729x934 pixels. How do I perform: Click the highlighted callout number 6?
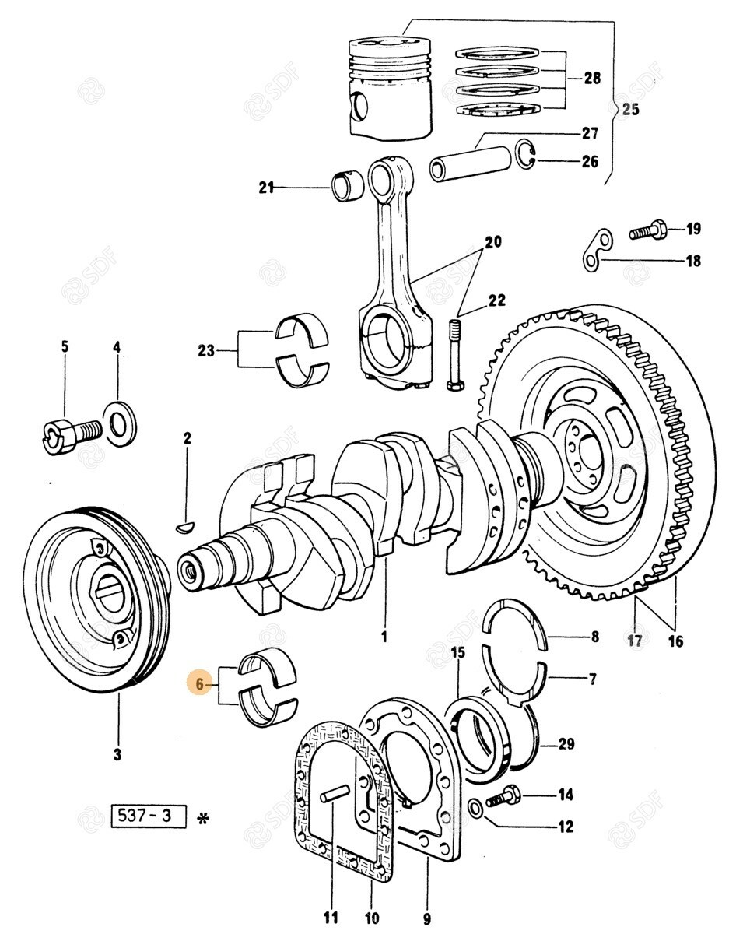click(x=200, y=685)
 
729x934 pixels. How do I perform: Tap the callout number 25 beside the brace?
click(x=629, y=109)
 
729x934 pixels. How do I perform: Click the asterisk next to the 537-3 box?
click(x=204, y=818)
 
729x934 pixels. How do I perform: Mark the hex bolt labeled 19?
click(x=646, y=230)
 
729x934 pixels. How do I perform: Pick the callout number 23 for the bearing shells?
click(x=205, y=351)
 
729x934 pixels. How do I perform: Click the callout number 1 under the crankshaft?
click(x=384, y=637)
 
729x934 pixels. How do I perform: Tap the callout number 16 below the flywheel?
click(x=675, y=641)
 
